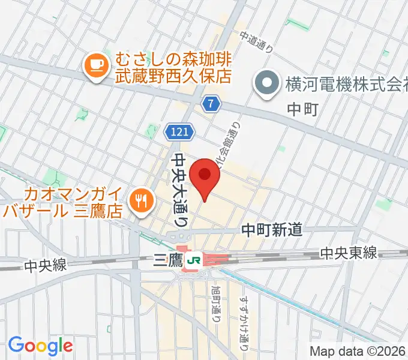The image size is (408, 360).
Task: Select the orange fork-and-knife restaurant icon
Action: pos(142,200)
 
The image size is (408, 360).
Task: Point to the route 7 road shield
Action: pos(209,104)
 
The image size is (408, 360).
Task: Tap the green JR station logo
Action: pos(194,260)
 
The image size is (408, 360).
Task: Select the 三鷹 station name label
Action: pos(167,260)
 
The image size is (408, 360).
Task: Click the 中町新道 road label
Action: pos(271,229)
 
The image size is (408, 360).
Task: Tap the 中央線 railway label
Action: pos(46,265)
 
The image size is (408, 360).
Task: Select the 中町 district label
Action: pos(301,109)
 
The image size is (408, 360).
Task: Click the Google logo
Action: pos(40,346)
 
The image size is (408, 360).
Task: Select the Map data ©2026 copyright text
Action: pos(358,352)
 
